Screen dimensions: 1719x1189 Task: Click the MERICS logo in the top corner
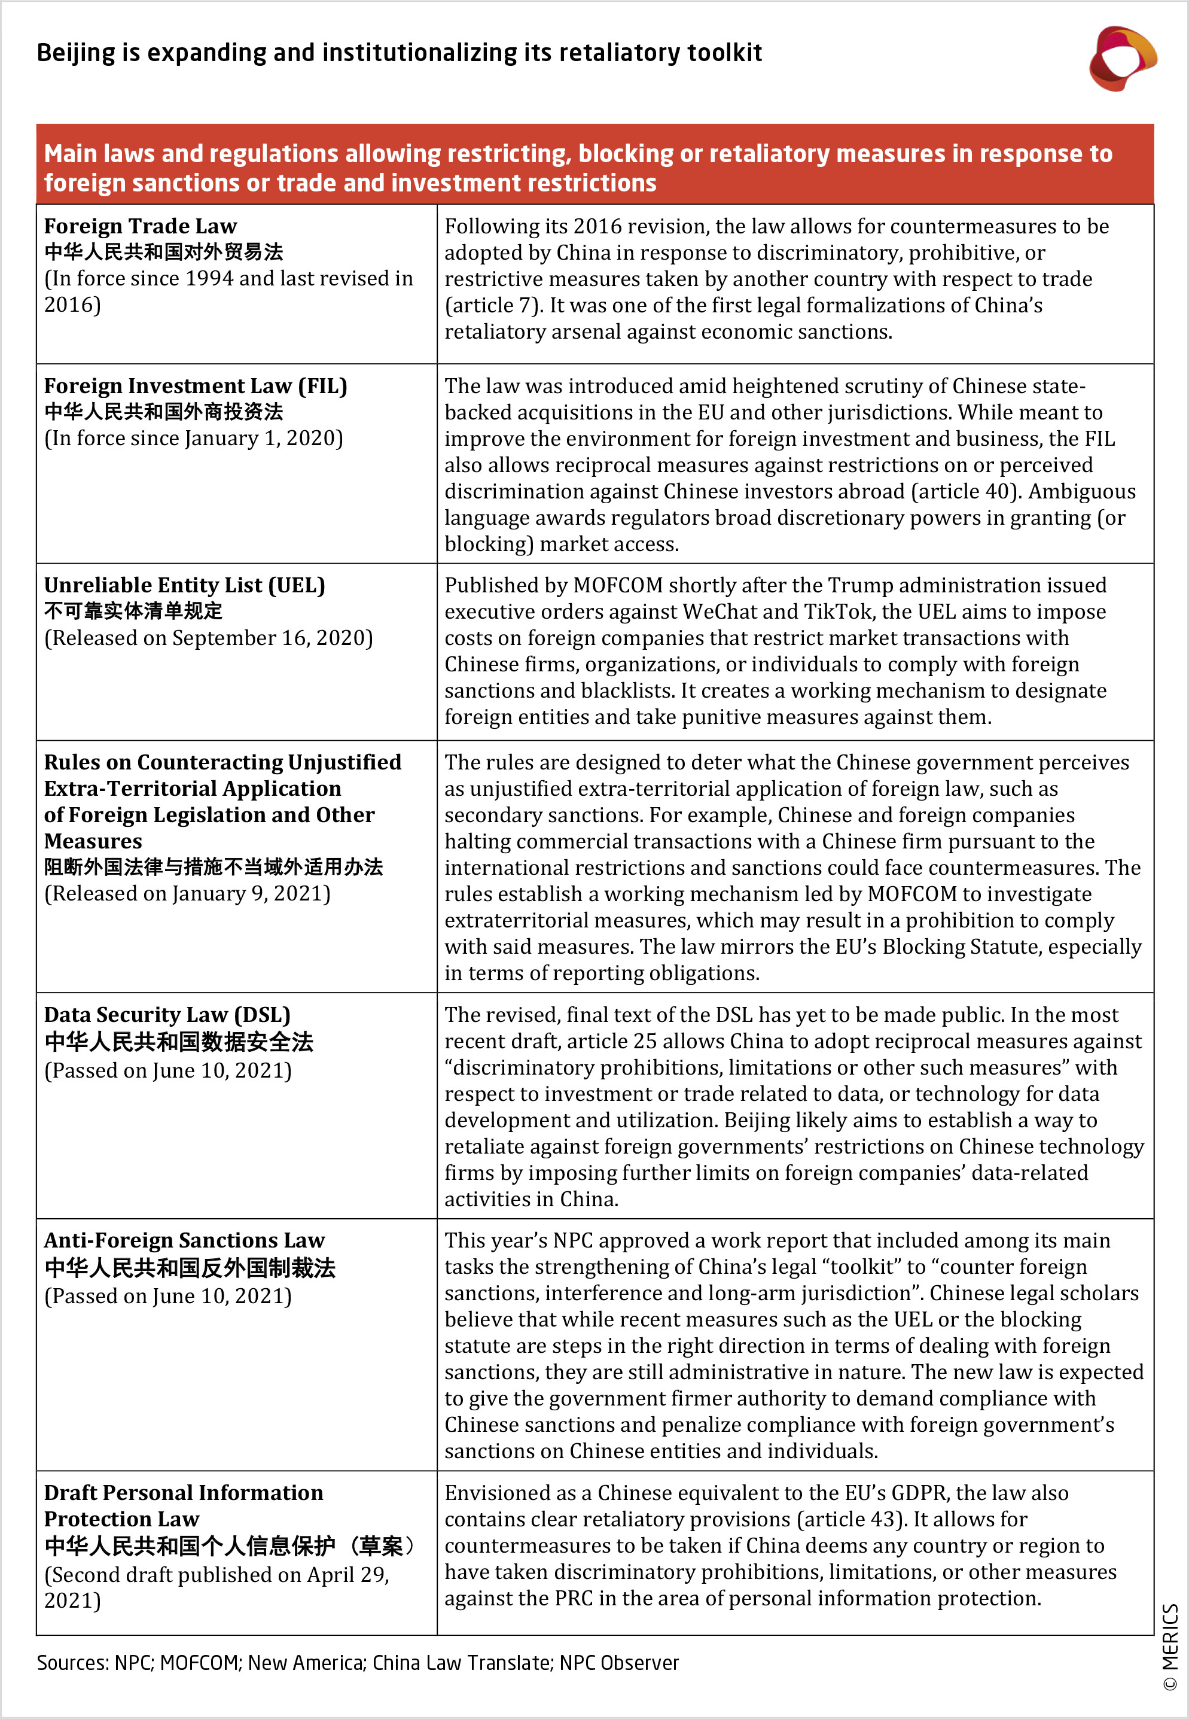[1122, 58]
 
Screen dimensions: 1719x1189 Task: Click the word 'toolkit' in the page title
[724, 53]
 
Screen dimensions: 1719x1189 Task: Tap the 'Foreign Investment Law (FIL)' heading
[195, 386]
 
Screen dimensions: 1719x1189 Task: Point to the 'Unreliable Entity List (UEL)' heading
[184, 586]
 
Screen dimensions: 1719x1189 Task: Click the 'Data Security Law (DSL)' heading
[167, 1015]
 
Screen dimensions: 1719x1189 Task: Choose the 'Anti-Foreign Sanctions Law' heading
[184, 1240]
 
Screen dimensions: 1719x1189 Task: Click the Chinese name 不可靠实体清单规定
[133, 611]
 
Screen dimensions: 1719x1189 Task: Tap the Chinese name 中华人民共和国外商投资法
[163, 412]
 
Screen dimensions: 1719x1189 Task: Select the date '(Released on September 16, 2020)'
[208, 638]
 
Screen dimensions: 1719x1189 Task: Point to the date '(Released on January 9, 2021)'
[187, 894]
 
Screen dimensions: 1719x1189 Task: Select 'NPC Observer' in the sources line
[618, 1663]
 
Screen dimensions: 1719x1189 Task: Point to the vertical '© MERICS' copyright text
[1170, 1647]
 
